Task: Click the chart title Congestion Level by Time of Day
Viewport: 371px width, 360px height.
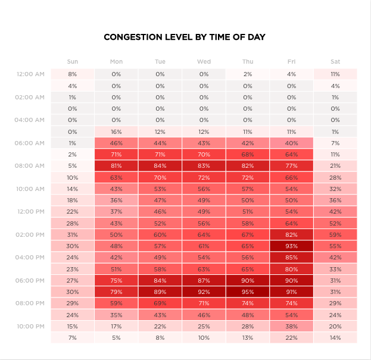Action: pos(185,37)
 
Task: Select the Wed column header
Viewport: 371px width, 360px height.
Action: pos(204,61)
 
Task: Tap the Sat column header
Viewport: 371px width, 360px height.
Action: pos(335,61)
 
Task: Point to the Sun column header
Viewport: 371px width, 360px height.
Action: pos(73,61)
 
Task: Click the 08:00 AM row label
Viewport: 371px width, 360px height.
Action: pos(30,166)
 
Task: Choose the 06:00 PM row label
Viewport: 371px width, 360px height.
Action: pos(30,280)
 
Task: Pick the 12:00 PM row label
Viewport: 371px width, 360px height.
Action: pos(30,212)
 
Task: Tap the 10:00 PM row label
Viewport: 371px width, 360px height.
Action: pos(30,326)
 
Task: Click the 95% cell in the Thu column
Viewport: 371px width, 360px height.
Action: pos(248,292)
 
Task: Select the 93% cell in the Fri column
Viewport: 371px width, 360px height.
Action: pos(292,246)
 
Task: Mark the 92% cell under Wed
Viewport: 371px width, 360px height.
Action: pos(204,292)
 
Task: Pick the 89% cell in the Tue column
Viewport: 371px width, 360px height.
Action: pos(160,292)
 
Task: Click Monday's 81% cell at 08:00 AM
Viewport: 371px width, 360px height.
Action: pos(116,166)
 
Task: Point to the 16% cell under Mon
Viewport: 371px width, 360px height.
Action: pos(116,132)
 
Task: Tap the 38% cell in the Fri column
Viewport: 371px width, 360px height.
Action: pos(292,326)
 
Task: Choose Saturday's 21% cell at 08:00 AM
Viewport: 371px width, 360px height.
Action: pos(335,166)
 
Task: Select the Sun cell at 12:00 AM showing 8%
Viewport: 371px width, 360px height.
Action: pos(73,74)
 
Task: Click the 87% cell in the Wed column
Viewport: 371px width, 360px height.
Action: pos(204,280)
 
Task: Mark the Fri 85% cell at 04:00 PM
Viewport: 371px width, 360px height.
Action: pos(292,258)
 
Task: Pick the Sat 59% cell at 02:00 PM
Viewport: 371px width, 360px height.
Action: pos(335,234)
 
